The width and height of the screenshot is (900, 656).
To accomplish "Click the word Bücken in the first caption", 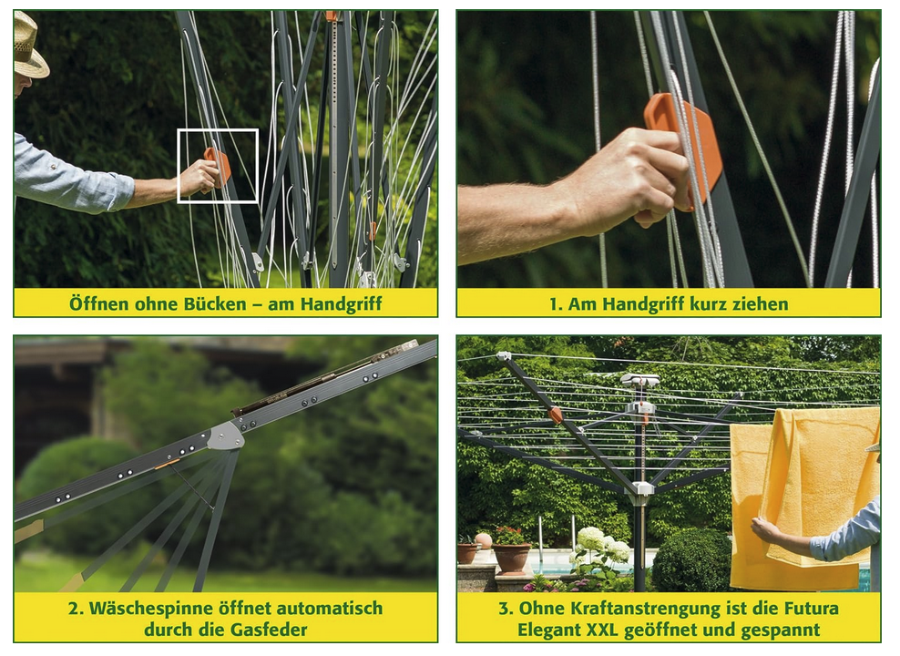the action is (215, 303).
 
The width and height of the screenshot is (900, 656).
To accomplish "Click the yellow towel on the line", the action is (803, 494).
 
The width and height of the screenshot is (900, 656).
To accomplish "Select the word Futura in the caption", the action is (811, 609).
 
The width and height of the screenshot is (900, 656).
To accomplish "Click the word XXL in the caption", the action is (602, 630).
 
